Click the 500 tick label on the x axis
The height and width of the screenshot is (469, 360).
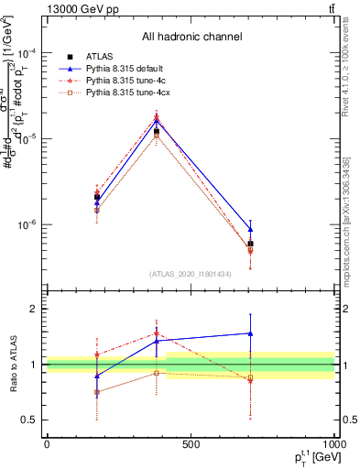[x=191, y=444]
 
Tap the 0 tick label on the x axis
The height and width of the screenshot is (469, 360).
[x=47, y=444]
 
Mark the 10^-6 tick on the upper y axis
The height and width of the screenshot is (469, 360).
[x=29, y=224]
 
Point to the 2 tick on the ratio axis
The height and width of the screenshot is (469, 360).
[x=35, y=310]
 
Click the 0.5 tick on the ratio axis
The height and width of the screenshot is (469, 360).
[x=31, y=420]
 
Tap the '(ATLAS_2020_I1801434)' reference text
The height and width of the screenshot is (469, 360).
[x=191, y=273]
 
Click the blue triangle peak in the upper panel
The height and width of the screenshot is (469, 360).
[x=157, y=120]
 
